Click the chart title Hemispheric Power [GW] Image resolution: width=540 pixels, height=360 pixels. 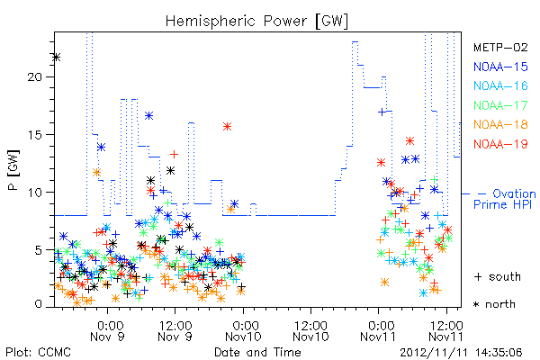[256, 21]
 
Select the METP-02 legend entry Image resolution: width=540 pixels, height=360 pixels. [500, 47]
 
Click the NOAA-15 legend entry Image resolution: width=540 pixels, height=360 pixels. [500, 67]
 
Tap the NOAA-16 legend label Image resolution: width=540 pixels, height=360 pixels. [500, 85]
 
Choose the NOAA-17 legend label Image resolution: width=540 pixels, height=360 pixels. [500, 105]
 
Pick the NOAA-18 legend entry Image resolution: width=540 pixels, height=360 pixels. [500, 124]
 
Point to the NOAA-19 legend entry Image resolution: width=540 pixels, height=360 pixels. [500, 144]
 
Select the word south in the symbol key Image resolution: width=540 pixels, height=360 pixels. [505, 276]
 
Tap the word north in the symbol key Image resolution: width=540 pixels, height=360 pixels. [500, 304]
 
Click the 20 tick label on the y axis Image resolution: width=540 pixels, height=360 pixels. [34, 76]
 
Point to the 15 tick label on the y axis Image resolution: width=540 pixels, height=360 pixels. [34, 134]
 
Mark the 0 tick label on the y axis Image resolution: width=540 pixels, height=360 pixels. [38, 304]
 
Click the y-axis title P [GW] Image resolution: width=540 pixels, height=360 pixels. [13, 170]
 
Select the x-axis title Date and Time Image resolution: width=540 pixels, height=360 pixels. [257, 352]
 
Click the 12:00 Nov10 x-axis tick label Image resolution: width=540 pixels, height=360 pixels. [310, 330]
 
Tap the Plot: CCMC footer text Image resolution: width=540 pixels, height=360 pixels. [38, 352]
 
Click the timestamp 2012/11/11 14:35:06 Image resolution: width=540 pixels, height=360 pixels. [461, 353]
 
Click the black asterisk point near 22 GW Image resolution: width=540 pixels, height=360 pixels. [57, 58]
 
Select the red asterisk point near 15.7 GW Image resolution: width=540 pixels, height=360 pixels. [227, 126]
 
